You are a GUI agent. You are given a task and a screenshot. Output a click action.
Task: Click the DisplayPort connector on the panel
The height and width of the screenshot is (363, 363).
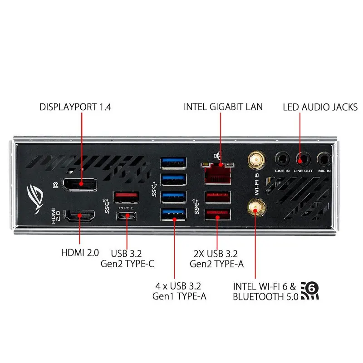[80, 185]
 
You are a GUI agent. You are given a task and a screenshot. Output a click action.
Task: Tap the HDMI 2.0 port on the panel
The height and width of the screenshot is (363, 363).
[79, 216]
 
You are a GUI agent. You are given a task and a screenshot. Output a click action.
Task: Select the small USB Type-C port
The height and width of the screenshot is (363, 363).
[126, 216]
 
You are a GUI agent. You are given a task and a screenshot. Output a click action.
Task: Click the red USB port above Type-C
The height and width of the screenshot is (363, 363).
[126, 197]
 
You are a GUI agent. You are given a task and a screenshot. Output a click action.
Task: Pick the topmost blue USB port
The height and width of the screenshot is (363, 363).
[173, 163]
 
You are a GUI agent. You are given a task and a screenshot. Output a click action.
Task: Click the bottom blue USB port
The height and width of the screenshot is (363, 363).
[173, 214]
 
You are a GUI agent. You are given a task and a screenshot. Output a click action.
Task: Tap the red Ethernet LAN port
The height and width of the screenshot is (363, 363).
[218, 174]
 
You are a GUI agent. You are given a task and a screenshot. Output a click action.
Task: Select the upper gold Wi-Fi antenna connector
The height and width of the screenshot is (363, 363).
[256, 160]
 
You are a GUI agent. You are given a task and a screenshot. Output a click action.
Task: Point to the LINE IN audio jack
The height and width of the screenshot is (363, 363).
[282, 159]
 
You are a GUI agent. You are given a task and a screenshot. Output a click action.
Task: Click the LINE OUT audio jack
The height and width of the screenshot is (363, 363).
[303, 159]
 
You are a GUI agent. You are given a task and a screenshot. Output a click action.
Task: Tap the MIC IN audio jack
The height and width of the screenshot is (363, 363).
[324, 159]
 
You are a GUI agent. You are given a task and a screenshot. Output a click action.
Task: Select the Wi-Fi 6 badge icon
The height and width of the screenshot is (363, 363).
[310, 291]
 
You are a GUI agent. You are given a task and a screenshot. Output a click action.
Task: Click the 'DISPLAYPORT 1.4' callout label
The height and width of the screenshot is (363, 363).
[75, 107]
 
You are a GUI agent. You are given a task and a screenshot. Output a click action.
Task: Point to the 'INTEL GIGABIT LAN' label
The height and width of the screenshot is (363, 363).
[223, 107]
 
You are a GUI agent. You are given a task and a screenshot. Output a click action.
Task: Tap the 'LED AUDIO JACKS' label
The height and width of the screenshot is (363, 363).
[320, 107]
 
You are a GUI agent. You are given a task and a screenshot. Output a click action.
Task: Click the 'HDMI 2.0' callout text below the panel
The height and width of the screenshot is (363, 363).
[80, 253]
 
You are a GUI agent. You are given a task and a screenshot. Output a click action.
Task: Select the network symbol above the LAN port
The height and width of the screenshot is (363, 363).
[218, 156]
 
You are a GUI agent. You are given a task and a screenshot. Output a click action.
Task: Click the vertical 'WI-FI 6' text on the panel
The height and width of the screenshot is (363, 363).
[256, 184]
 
